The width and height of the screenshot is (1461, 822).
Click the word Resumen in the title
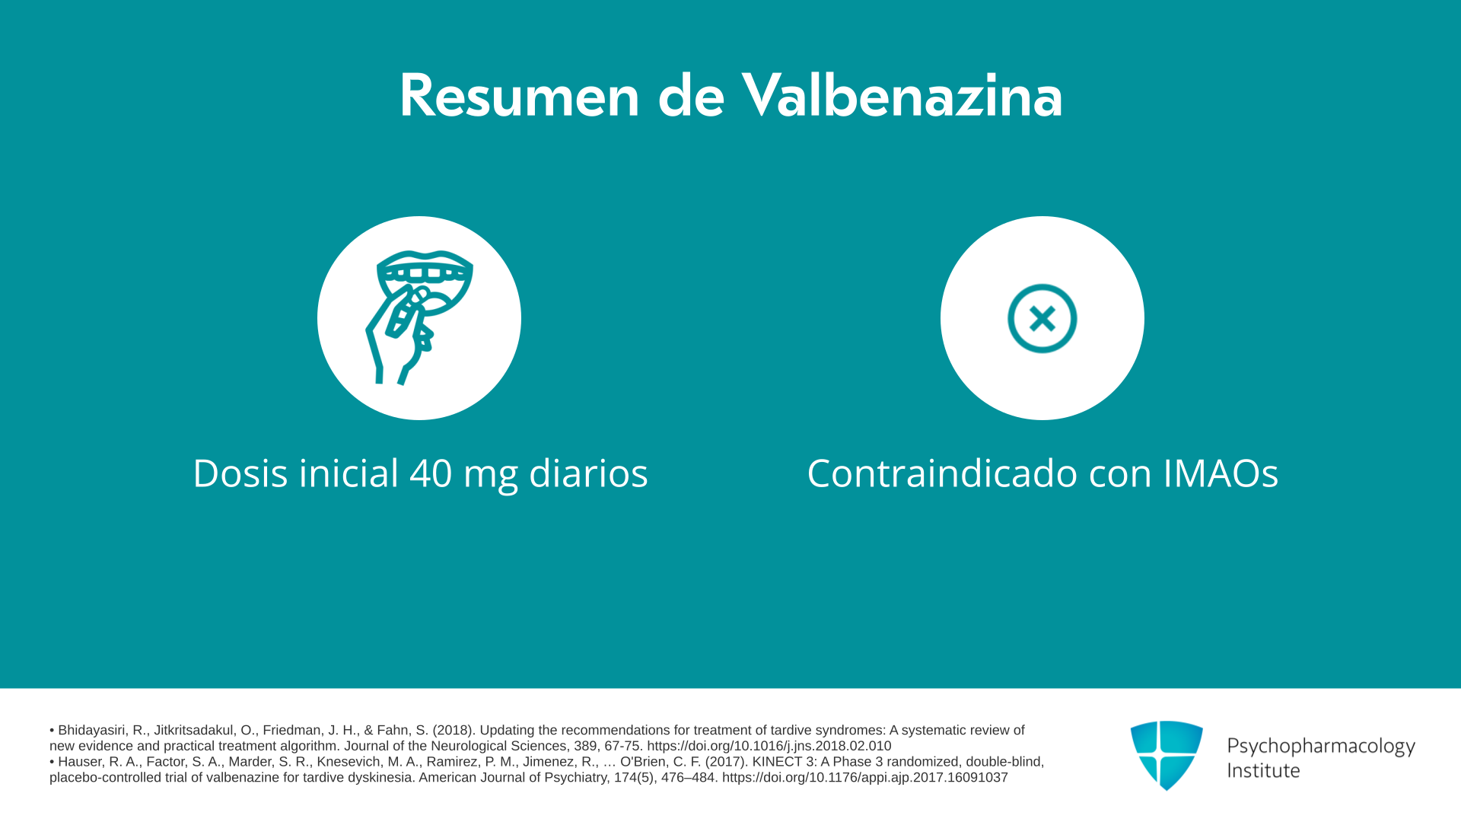520,96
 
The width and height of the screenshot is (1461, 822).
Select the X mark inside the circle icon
1042,318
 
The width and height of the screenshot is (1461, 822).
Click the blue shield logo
1167,755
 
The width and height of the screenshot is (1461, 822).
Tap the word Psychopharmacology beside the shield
1321,746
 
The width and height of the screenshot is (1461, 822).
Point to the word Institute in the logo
1263,770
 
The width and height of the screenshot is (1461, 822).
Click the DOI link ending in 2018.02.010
769,746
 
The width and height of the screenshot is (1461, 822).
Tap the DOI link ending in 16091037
865,777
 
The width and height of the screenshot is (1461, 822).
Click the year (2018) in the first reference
454,730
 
